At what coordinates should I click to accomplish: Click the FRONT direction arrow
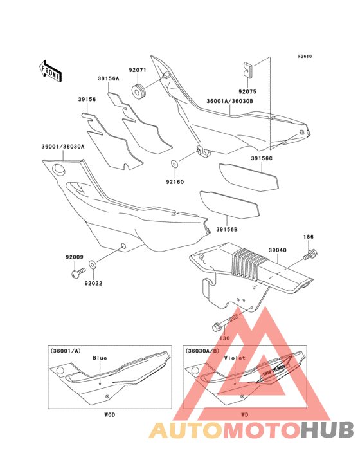(50, 71)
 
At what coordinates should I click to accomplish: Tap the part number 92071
(138, 70)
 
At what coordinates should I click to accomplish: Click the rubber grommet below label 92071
(138, 91)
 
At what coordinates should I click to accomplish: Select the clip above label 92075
(248, 69)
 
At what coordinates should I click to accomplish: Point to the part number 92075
(248, 91)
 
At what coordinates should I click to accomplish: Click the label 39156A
(109, 78)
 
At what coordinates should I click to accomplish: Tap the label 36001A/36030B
(230, 101)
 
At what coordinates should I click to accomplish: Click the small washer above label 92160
(174, 163)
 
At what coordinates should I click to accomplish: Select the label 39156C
(262, 158)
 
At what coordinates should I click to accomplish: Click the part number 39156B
(227, 230)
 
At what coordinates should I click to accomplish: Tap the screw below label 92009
(78, 272)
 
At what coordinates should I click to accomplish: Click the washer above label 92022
(93, 265)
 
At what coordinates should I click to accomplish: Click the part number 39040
(278, 250)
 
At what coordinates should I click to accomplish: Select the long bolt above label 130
(225, 322)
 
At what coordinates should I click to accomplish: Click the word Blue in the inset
(100, 358)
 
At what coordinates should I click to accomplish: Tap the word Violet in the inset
(235, 358)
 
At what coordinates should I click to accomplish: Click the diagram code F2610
(305, 56)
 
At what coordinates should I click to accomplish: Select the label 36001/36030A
(63, 147)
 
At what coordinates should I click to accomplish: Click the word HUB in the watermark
(328, 430)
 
